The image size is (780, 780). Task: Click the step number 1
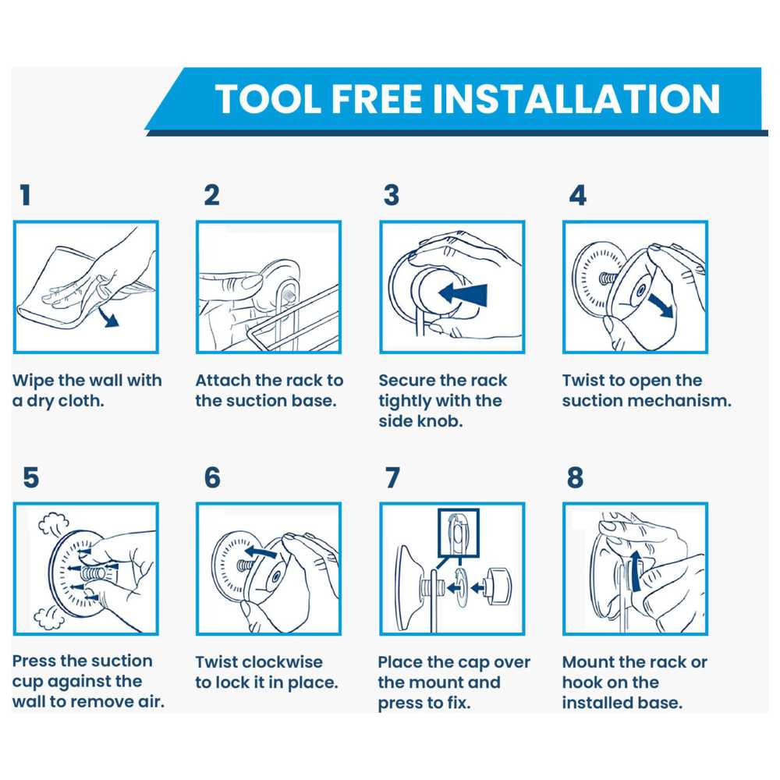coord(26,195)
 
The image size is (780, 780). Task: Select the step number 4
coord(577,195)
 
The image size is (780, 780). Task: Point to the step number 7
coord(392,477)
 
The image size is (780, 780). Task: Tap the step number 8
coord(575,477)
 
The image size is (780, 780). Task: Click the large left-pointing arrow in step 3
coord(463,293)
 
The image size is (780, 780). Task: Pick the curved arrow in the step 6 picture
coord(261,551)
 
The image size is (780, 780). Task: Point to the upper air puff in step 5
coord(53,524)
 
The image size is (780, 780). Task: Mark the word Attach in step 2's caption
coord(223,381)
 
